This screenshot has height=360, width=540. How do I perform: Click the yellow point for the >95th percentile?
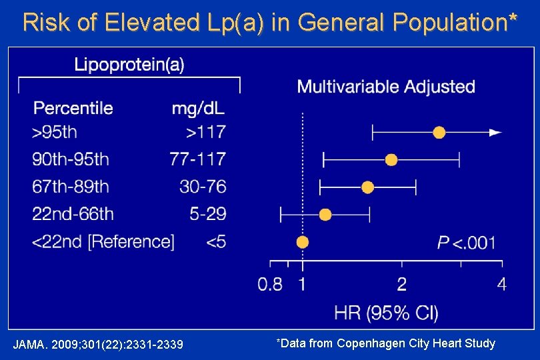439,133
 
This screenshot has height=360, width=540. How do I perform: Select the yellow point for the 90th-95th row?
391,160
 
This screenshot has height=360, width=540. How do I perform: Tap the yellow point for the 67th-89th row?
367,187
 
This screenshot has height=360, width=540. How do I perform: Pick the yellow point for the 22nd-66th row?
325,215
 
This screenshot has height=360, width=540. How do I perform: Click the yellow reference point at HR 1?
303,242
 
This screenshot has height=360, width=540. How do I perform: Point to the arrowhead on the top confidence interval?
495,133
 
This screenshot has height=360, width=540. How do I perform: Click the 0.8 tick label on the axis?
270,285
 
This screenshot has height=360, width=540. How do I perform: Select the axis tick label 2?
402,285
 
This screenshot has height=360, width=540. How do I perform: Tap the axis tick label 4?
501,285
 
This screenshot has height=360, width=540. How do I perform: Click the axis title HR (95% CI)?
386,312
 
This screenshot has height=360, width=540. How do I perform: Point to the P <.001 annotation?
467,243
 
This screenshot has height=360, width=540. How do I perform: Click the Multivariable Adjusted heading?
386,87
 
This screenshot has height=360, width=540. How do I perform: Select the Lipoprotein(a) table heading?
129,64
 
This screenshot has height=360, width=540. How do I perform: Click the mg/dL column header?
199,107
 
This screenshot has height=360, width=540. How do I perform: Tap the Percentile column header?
73,107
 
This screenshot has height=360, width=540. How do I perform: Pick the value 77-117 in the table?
197,159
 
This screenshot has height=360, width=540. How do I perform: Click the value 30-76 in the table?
203,187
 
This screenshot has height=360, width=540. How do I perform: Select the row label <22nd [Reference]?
103,241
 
